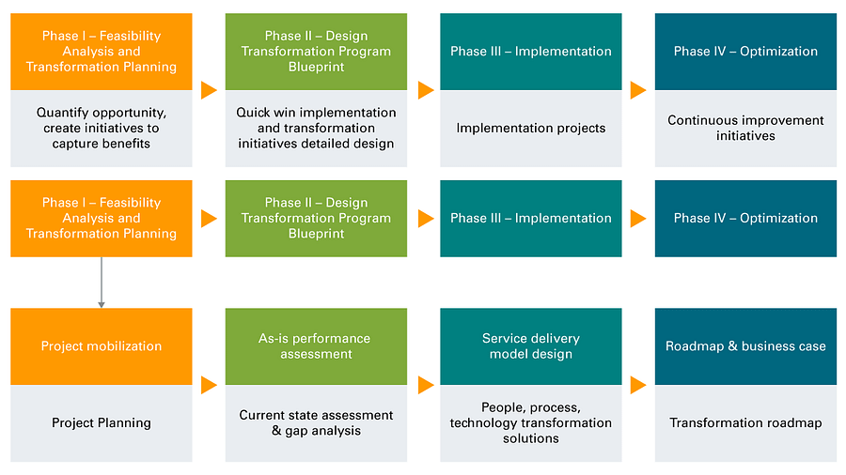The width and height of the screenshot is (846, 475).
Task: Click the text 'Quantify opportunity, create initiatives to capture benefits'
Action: [x=102, y=129]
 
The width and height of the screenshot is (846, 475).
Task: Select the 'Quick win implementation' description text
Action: [x=316, y=129]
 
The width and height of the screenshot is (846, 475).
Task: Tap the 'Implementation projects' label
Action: [x=531, y=129]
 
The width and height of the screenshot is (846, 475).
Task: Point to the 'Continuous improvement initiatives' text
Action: [x=745, y=129]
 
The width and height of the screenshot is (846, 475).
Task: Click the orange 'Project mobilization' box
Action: [x=102, y=346]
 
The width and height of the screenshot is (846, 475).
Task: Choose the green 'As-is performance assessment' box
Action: [x=316, y=346]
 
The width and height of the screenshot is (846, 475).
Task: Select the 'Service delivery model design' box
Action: [x=531, y=346]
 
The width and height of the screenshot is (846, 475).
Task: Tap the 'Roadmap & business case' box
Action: [x=745, y=346]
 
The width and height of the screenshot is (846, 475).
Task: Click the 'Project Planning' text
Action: [x=102, y=423]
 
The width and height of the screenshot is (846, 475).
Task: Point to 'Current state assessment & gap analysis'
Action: [x=316, y=423]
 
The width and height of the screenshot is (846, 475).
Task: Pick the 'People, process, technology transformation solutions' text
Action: [x=531, y=423]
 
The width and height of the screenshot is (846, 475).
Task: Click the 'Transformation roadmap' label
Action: [x=745, y=423]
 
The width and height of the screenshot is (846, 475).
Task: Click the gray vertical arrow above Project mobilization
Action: [x=102, y=283]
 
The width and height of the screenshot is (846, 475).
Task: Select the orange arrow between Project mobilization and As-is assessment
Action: [x=209, y=385]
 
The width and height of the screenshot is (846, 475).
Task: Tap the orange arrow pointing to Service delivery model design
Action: [x=426, y=385]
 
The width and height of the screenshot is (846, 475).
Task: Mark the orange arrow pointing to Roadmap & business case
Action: [x=638, y=385]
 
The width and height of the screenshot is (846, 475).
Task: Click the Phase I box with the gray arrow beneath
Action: [x=102, y=219]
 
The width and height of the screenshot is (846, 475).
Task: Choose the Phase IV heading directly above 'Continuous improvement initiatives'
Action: [x=745, y=52]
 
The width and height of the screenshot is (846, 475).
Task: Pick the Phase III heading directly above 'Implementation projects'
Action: [x=531, y=52]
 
